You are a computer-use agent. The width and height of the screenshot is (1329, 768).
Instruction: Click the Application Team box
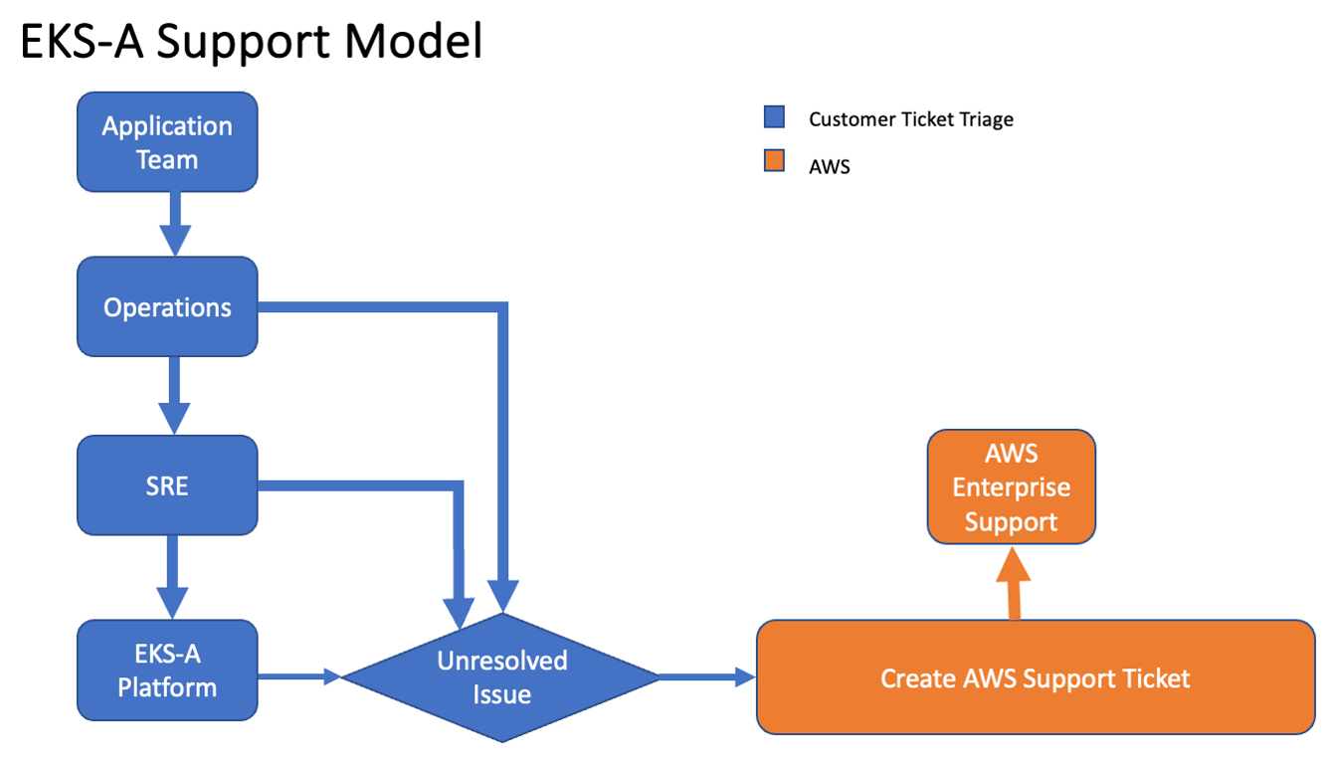pos(167,142)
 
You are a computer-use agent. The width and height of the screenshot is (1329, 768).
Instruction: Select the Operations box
pos(167,306)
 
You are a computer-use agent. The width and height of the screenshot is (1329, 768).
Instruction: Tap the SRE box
pos(167,485)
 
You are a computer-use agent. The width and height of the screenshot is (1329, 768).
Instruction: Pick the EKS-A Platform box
pos(167,670)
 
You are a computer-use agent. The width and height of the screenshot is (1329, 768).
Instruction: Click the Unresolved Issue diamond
pos(501,676)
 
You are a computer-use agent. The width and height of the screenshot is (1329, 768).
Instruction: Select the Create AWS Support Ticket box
pos(1035,677)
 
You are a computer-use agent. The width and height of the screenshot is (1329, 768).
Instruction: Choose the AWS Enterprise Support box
pos(1011,487)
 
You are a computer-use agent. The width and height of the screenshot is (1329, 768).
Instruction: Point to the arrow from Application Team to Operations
pos(174,223)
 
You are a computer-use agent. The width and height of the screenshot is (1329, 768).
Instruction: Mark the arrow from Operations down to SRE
pos(174,394)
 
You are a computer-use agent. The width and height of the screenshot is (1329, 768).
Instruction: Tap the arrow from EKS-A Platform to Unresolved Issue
pos(299,676)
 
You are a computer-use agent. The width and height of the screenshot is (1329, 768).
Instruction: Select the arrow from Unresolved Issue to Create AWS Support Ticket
pos(707,677)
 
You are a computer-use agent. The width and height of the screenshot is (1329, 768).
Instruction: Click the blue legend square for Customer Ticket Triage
pos(774,118)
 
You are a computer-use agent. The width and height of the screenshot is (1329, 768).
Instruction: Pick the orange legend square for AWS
pos(774,161)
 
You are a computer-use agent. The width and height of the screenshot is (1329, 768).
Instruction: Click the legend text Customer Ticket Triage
pos(910,119)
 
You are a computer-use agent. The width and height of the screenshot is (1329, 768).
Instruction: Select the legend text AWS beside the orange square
pos(829,167)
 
